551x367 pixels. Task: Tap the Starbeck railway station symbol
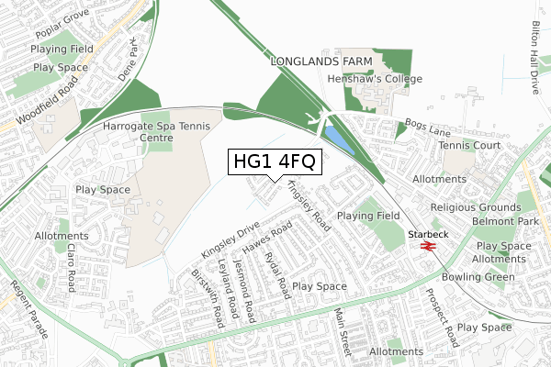(426, 246)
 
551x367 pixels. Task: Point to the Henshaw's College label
(375, 79)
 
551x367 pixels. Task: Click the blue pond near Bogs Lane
(337, 140)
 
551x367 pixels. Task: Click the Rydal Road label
(276, 274)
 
